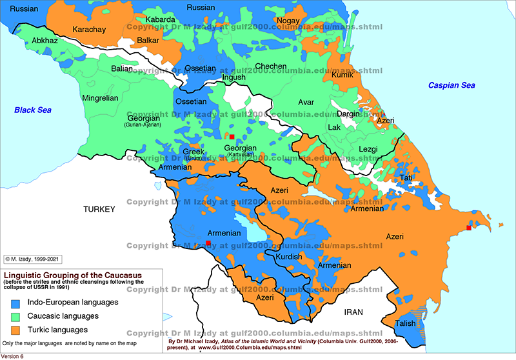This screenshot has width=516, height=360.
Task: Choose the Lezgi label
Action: (367, 149)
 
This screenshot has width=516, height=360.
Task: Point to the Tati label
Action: (407, 178)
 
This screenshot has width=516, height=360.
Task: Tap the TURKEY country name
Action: (98, 210)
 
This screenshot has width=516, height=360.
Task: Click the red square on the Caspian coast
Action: (468, 227)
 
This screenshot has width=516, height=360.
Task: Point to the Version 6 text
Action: (13, 356)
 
